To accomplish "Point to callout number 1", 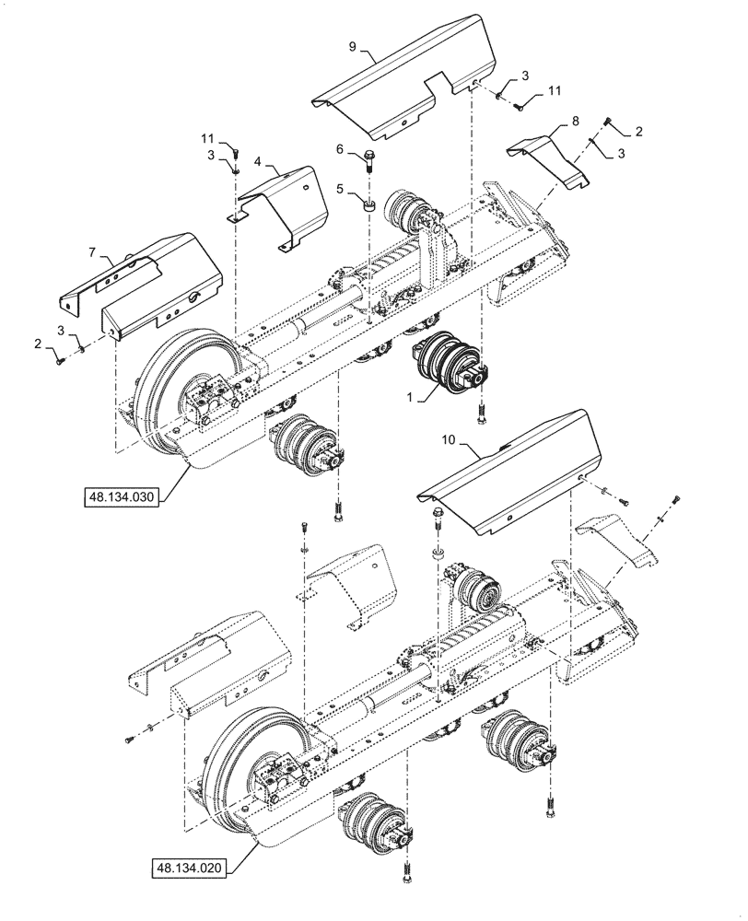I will point(406,397).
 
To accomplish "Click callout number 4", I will point(258,162).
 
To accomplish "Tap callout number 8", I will point(574,120).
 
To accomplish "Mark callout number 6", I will point(339,148).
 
